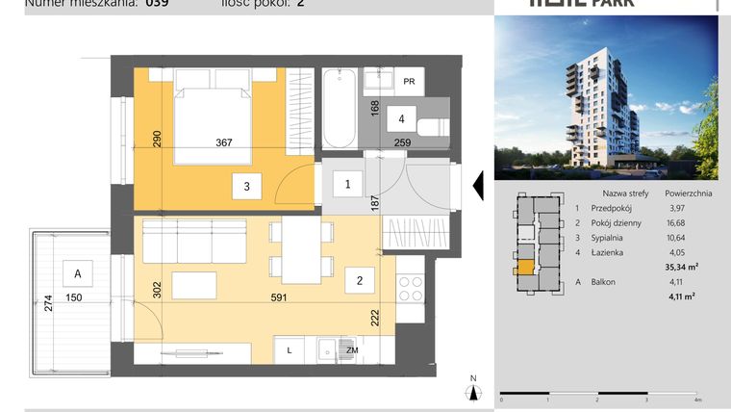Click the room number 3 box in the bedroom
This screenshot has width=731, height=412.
246,187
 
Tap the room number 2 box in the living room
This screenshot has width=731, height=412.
359,281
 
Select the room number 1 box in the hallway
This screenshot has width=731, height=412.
348,183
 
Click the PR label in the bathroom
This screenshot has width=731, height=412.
409,83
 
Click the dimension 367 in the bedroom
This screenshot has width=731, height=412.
224,143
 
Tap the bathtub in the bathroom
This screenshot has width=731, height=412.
338,108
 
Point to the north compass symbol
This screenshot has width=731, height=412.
472,389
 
